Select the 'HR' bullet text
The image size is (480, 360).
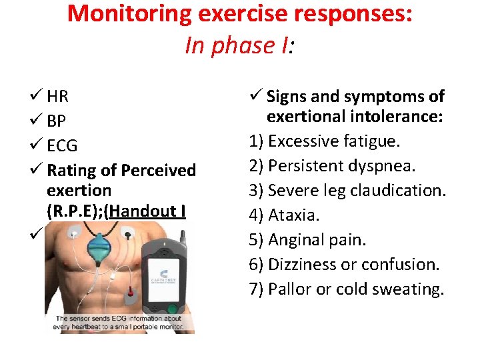(x=58, y=97)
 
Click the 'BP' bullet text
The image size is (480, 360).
(x=57, y=122)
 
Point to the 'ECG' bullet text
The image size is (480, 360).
(x=62, y=146)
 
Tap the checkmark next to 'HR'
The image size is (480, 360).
(x=37, y=97)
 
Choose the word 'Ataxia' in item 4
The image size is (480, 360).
(x=293, y=215)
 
